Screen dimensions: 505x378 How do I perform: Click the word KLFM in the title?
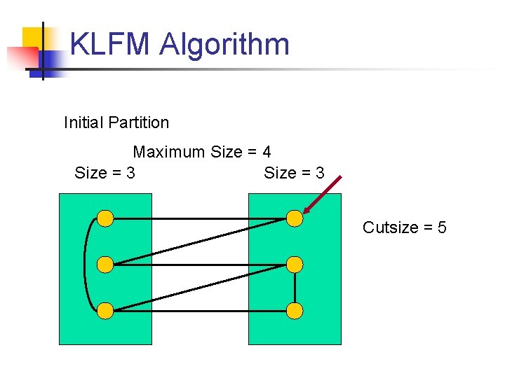(110, 44)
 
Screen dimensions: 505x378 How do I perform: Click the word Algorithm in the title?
(224, 45)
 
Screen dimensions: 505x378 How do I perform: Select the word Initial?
(83, 122)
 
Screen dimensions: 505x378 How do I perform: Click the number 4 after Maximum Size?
(267, 152)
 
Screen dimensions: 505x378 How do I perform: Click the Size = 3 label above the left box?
(105, 172)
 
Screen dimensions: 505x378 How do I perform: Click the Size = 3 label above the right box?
(294, 172)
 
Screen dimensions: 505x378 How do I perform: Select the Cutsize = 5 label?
(405, 227)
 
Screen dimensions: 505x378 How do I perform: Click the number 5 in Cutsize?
(442, 227)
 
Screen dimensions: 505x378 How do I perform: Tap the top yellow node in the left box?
(105, 218)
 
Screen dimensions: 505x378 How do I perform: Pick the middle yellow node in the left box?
(105, 265)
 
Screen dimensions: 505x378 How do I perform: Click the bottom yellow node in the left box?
(105, 310)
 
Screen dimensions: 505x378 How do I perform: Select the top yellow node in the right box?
(295, 218)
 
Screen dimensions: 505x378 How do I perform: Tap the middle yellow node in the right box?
(295, 265)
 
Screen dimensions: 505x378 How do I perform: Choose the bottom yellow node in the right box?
(295, 310)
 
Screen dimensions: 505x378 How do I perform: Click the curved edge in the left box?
(86, 265)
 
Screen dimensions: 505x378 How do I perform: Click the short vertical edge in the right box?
(295, 288)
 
